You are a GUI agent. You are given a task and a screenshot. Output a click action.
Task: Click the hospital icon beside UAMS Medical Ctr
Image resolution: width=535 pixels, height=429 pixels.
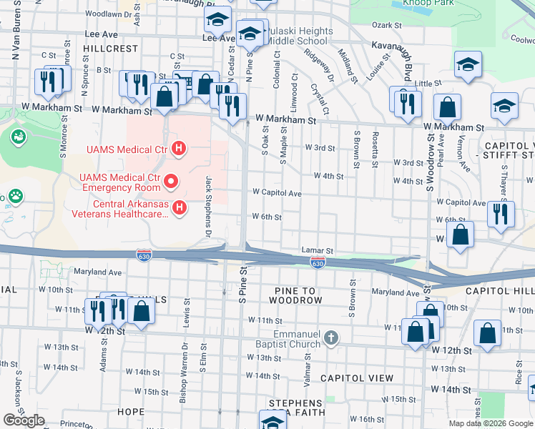180,149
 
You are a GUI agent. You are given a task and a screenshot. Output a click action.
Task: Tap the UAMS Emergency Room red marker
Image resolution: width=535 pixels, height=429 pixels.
170,182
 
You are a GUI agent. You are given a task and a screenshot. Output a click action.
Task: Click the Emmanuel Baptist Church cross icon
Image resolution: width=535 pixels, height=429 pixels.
330,337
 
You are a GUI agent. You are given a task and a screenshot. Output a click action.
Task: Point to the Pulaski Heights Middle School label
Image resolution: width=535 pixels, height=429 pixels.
300,36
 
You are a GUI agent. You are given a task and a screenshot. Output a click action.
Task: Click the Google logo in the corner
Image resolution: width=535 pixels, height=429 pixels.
24,420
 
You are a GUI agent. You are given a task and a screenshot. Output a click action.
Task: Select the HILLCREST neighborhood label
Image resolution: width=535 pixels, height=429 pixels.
110,49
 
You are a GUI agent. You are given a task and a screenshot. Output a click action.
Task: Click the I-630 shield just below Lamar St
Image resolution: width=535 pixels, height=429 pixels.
318,264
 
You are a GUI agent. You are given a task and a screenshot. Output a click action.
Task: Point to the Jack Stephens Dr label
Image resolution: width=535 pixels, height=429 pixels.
210,207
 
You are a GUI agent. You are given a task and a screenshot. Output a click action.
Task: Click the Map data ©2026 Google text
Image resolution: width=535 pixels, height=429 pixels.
491,423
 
